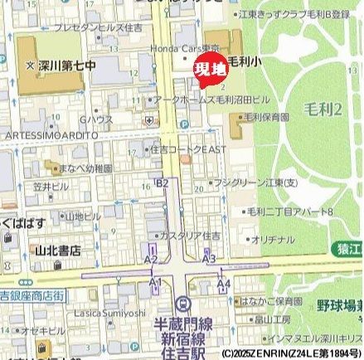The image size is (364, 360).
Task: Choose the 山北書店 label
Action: (57, 248)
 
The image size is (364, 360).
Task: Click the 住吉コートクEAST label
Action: (189, 150)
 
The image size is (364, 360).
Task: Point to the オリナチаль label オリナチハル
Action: (273, 239)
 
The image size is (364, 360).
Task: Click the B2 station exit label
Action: (163, 182)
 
